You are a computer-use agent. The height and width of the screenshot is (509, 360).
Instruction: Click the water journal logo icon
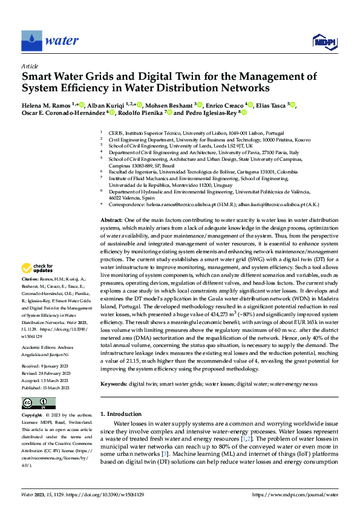pos(31,41)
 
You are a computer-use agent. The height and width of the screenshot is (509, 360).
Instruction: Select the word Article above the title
pos(30,65)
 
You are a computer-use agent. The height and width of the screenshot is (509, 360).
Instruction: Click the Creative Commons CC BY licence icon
pos(38,403)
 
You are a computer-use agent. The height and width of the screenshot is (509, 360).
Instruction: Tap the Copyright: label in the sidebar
pos(32,417)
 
